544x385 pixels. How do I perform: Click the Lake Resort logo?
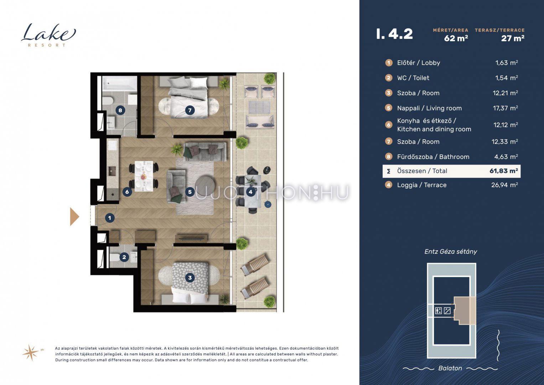[48, 35]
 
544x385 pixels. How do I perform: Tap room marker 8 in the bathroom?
[120, 111]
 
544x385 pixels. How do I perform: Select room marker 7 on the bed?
[190, 111]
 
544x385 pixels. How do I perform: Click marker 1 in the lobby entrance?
[110, 218]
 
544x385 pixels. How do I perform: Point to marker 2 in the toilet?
[124, 257]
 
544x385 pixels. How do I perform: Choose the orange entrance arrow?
[74, 217]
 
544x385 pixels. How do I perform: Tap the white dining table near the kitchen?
[144, 176]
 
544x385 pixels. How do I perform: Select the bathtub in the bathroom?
[119, 84]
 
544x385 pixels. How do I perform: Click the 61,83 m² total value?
[504, 171]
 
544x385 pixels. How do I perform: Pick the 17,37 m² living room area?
[506, 108]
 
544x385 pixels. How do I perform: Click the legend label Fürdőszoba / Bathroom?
[433, 157]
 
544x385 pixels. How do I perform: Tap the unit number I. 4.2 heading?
[395, 34]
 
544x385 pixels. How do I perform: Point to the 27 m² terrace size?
[513, 38]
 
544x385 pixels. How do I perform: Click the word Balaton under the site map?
[450, 368]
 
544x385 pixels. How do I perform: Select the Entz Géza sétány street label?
[451, 252]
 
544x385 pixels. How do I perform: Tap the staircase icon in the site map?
[447, 310]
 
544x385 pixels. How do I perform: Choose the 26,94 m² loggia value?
[505, 185]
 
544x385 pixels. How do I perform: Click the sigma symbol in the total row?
[389, 171]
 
